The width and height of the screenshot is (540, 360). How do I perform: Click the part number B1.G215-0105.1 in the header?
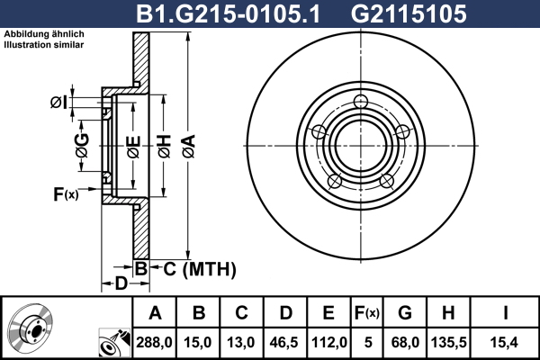(x=228, y=14)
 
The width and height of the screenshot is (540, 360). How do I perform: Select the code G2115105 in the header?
(x=409, y=14)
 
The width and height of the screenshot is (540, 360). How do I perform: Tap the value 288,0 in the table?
(x=154, y=343)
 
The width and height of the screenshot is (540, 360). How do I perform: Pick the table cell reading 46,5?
(x=284, y=343)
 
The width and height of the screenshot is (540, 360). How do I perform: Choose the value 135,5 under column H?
(x=449, y=343)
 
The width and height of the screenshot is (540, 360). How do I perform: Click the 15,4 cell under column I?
(x=505, y=343)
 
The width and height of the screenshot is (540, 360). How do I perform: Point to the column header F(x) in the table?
(x=367, y=313)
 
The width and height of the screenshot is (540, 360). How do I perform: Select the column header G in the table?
(x=405, y=313)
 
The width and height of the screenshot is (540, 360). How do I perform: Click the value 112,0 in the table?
(x=328, y=343)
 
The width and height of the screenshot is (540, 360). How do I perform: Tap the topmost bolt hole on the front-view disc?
(x=361, y=102)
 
